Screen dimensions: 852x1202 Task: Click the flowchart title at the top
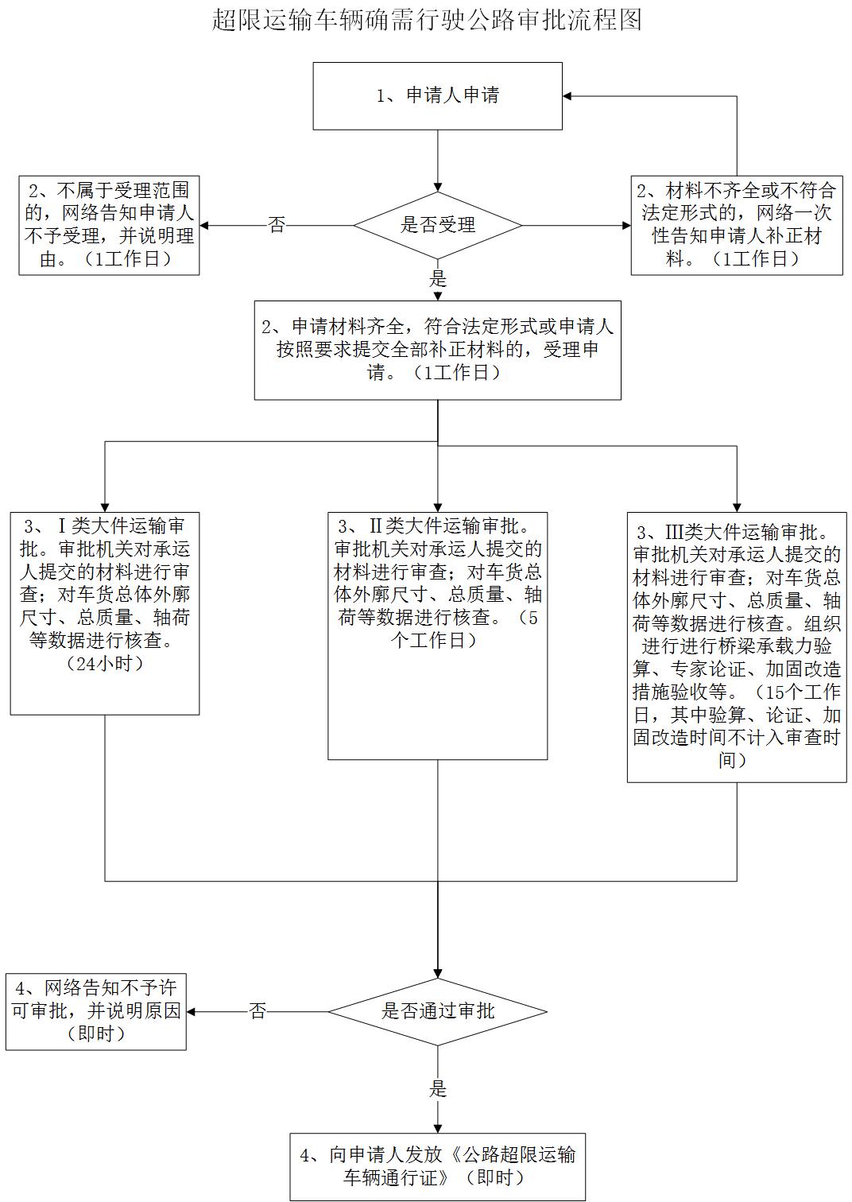point(427,21)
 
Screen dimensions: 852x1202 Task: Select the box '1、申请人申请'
point(437,96)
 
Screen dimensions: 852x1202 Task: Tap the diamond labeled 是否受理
point(437,226)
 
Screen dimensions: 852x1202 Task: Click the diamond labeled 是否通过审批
point(437,1011)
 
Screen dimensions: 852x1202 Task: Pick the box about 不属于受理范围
point(109,226)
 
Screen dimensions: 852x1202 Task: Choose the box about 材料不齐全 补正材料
point(737,226)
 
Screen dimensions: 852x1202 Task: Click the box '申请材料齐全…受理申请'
point(437,350)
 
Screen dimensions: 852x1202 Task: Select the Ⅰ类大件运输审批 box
point(105,614)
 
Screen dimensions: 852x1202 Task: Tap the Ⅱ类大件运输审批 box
point(437,636)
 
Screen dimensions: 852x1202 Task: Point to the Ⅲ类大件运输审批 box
point(737,647)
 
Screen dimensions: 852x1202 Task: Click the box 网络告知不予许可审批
point(96,1011)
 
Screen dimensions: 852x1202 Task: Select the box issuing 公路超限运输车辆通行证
point(437,1166)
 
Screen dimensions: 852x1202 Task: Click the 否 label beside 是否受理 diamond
point(277,225)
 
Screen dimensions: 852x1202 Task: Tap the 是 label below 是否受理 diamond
point(438,278)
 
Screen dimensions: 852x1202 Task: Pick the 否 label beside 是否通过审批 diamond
point(258,1011)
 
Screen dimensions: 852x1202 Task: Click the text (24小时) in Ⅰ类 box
point(105,664)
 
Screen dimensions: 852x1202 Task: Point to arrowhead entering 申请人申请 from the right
point(567,96)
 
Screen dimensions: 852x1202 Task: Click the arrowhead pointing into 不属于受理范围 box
point(204,226)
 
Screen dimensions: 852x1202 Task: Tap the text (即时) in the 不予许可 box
point(96,1033)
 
